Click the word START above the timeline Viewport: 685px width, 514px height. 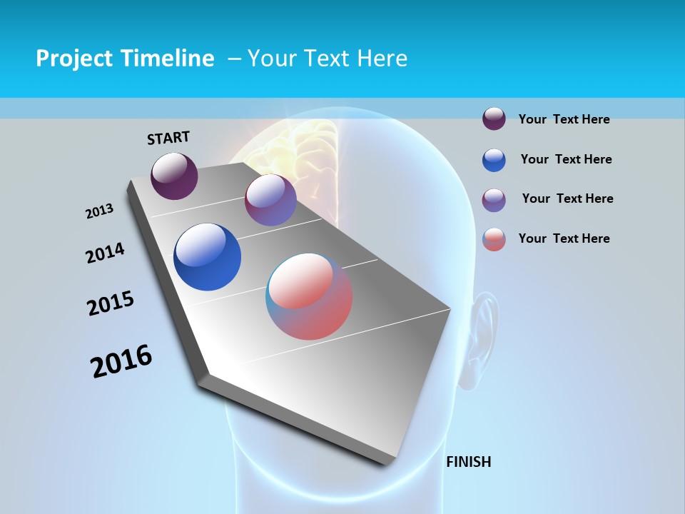click(x=168, y=138)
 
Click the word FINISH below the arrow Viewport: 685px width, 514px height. click(x=468, y=462)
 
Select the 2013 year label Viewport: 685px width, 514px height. click(x=99, y=211)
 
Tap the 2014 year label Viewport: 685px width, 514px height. click(x=105, y=253)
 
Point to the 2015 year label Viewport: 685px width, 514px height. click(x=111, y=303)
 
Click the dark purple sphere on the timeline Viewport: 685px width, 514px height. click(x=174, y=176)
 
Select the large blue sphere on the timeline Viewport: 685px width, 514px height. click(x=207, y=257)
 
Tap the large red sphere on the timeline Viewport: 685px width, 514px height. click(x=309, y=296)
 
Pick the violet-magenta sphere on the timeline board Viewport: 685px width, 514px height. click(x=270, y=200)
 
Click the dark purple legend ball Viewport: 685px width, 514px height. click(x=494, y=119)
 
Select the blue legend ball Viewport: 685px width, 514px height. click(x=494, y=160)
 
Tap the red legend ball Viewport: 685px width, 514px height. click(x=494, y=239)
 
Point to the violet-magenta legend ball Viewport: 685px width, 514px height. click(x=494, y=200)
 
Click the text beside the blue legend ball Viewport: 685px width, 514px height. click(x=566, y=159)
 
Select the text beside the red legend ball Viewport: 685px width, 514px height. click(x=564, y=238)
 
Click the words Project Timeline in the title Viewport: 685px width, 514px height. click(x=125, y=59)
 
